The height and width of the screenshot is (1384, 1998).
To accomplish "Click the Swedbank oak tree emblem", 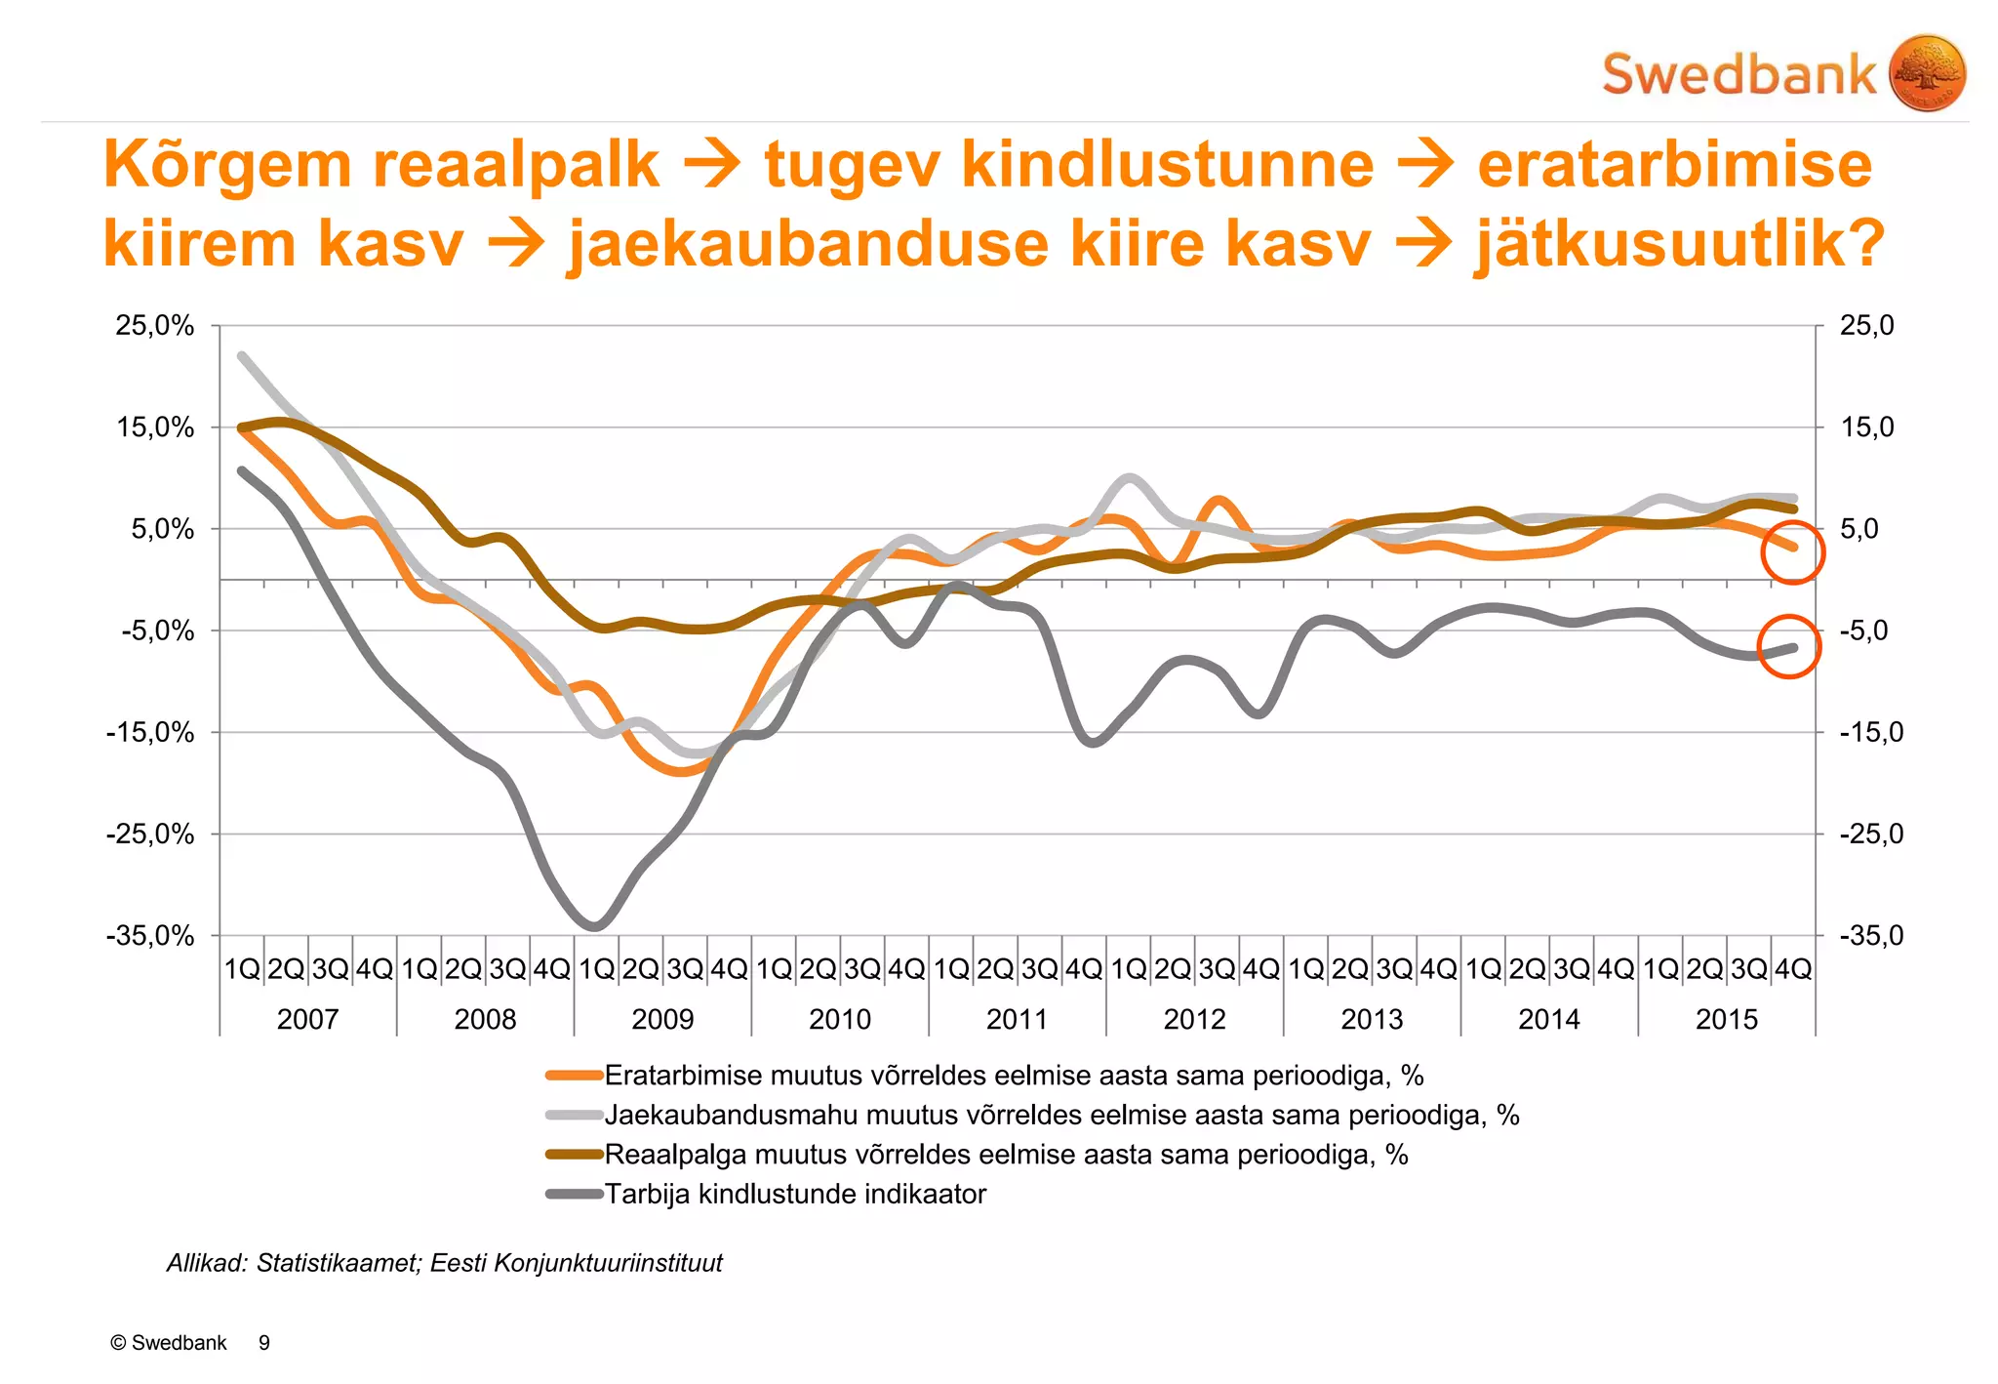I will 1927,73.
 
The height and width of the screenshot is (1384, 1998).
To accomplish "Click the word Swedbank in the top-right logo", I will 1738,75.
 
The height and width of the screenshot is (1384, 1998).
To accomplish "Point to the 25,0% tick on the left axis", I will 155,326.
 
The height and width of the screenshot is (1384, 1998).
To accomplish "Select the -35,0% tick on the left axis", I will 150,936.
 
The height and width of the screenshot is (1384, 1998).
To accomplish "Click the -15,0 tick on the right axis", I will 1870,732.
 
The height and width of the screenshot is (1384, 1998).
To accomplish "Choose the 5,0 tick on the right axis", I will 1859,529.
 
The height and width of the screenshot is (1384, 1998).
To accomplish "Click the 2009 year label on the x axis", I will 662,1020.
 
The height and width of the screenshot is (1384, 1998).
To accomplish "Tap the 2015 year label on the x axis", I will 1726,1020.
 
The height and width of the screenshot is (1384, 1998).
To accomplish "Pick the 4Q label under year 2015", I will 1793,969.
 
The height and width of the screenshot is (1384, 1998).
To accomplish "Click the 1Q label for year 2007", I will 242,969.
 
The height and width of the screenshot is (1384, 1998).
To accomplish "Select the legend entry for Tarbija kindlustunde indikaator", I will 795,1195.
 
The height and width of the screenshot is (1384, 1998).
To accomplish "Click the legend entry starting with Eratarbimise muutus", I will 1013,1076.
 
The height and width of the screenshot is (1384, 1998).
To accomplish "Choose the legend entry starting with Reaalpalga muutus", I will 1005,1155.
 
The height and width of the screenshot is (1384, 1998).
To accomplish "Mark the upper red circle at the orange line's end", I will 1792,552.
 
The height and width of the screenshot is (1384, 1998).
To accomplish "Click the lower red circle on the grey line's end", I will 1789,646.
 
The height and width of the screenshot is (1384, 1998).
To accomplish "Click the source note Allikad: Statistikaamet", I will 445,1263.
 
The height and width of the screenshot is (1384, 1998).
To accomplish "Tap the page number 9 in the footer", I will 264,1343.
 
